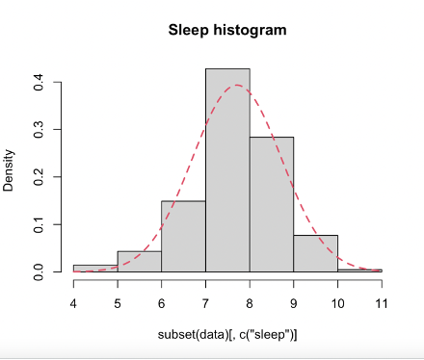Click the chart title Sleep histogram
pos(227,30)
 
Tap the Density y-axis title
pos(9,170)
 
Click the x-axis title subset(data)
pos(227,334)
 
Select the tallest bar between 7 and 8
pos(227,173)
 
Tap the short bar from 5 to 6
pos(139,262)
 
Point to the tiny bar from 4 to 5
pos(95,269)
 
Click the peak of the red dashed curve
pos(237,86)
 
